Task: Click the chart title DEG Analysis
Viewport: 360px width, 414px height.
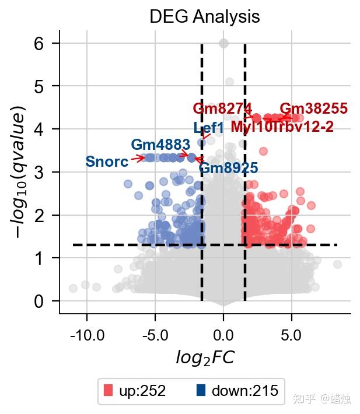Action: point(204,16)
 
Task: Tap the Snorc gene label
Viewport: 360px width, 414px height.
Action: point(107,162)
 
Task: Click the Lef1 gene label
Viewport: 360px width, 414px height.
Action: point(208,128)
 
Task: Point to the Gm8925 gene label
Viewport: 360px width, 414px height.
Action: point(228,169)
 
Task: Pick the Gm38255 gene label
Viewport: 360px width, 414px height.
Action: point(314,109)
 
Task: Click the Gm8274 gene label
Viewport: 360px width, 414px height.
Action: point(222,109)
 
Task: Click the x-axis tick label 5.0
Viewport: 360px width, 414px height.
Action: point(291,336)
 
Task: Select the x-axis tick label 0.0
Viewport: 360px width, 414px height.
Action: point(223,336)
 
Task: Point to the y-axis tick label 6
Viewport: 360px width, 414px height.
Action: point(40,44)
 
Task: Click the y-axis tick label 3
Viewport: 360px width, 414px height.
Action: point(40,173)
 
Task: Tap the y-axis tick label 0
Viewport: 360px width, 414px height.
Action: point(40,301)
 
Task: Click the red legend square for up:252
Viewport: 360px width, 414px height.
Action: point(107,390)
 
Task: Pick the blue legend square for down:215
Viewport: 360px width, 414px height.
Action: point(201,390)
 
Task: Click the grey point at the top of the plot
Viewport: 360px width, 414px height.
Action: point(223,43)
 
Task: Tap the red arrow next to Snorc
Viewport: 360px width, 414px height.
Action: point(138,158)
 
